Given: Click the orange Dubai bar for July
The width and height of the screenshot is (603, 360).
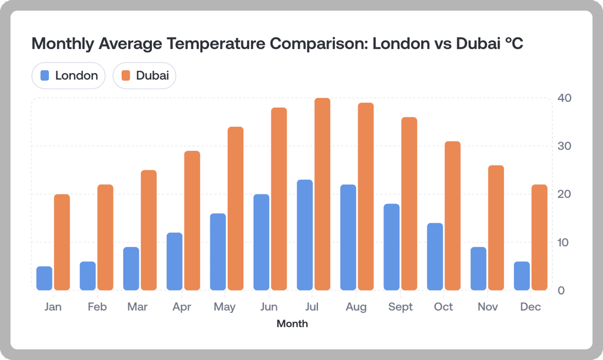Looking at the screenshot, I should (322, 194).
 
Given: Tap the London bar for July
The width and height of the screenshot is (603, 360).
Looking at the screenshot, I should (304, 235).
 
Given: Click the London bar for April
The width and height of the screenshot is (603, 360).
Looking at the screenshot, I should (174, 262).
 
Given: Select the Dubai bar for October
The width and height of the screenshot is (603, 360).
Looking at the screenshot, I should (452, 216).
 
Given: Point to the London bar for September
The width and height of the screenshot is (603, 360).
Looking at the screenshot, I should (392, 247).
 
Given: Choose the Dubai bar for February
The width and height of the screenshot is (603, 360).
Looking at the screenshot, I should (105, 237).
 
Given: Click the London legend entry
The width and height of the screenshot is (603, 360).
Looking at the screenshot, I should (69, 75).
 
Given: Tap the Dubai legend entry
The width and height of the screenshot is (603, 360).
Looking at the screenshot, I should (145, 75).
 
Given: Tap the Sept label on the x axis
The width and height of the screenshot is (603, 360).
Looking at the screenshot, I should (400, 307).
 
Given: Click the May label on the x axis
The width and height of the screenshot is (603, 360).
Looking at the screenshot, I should (225, 307).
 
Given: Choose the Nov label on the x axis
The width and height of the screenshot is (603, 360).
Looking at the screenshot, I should (488, 307).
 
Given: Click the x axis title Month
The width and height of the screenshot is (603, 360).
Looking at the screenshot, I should (292, 323).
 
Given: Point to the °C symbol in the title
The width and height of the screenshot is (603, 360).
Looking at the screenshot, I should (513, 44).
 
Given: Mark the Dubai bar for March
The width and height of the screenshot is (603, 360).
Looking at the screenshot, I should (148, 230).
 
